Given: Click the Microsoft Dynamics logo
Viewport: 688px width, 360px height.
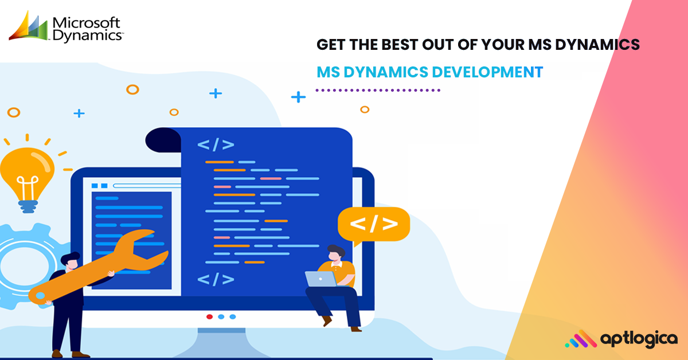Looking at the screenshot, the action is tap(66, 27).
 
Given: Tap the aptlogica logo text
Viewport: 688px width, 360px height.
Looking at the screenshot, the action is tap(639, 339).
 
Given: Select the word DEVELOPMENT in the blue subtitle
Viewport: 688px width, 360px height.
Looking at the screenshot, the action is tap(487, 72).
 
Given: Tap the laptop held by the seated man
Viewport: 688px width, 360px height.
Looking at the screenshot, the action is tap(321, 279).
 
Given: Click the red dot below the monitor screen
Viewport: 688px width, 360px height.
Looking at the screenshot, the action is tap(209, 316).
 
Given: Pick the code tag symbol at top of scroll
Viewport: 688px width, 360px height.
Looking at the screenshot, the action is tap(216, 144).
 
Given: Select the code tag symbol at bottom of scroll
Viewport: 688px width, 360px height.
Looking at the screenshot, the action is tap(216, 279).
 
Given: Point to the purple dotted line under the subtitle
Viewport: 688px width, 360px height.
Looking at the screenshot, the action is tap(378, 91).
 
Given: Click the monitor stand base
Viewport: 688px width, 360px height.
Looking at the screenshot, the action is tap(222, 344).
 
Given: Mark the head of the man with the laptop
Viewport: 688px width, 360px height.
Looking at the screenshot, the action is tap(336, 253).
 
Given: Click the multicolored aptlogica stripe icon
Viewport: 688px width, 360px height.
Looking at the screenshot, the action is tap(581, 339).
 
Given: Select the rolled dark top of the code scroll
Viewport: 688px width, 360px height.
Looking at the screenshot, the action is tap(163, 140).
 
